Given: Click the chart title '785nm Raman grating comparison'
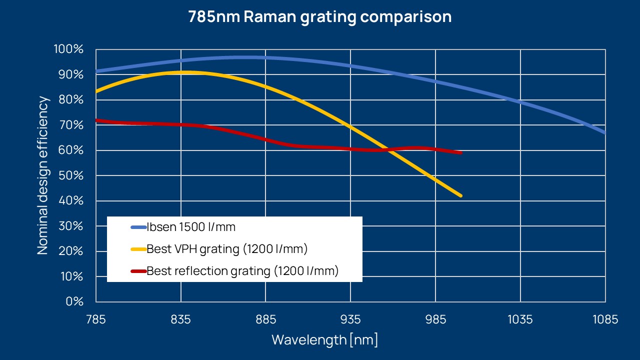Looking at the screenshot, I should click(320, 16).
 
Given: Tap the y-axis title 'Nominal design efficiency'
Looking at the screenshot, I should click(44, 175).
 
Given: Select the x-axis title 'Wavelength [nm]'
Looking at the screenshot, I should click(324, 340).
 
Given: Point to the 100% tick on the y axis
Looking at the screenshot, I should click(68, 49).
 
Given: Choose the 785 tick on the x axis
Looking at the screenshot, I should click(96, 319).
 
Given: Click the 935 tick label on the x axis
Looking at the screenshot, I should click(350, 319).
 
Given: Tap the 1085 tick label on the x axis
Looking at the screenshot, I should click(605, 319).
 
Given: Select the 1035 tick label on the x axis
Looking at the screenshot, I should click(520, 319).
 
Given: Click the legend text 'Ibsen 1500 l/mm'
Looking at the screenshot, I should click(191, 227).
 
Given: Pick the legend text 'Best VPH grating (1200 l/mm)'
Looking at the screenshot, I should click(227, 249).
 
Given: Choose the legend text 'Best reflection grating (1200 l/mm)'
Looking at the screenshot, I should click(242, 271).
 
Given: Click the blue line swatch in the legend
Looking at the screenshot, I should click(138, 227).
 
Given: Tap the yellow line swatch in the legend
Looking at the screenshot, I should click(138, 249).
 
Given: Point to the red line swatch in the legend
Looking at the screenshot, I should click(138, 271).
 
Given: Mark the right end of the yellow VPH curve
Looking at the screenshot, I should click(460, 195).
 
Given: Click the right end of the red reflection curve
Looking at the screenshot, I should click(460, 152).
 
